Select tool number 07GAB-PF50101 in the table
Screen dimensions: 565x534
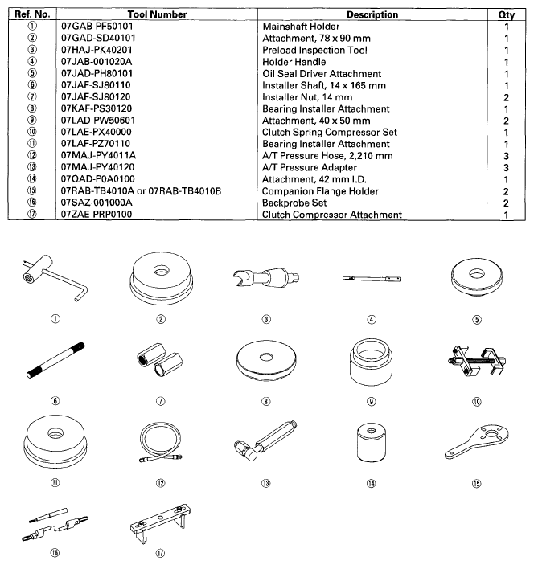100,27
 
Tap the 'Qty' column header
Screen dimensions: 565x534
507,14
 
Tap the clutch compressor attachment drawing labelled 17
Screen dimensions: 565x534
164,520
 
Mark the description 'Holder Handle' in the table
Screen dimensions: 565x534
293,62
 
